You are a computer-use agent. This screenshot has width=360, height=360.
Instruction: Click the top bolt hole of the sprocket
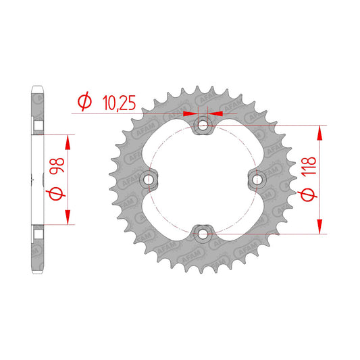[x=203, y=126]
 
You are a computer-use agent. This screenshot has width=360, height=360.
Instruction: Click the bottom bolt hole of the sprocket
[x=203, y=234]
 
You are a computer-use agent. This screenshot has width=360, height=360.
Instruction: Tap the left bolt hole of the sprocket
[x=149, y=180]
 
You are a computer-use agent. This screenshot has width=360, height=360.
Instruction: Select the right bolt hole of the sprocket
[x=257, y=180]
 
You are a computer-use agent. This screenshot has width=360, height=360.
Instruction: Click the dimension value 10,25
[x=119, y=103]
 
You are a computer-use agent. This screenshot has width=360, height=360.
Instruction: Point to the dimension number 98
[x=57, y=166]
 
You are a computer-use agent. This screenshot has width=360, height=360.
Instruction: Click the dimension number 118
[x=309, y=167]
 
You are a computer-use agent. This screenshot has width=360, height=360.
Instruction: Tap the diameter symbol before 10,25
[x=84, y=101]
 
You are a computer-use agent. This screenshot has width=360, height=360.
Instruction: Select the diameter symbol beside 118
[x=308, y=195]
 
